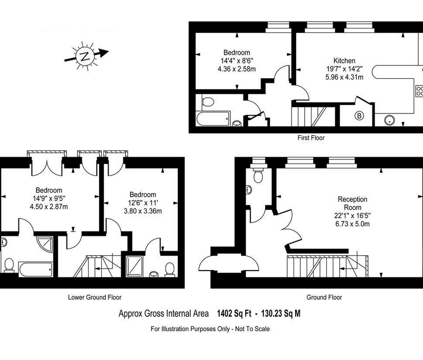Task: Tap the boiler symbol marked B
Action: coord(359,116)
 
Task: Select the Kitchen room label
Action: coord(344,61)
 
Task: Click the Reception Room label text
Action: coord(353,203)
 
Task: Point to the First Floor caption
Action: coord(311,138)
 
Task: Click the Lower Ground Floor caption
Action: coord(94,297)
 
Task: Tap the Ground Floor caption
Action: coord(324,297)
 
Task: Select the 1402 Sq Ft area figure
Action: coord(234,313)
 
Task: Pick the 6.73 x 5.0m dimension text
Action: coord(353,224)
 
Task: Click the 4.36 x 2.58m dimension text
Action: coord(237,69)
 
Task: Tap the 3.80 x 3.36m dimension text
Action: coord(143,211)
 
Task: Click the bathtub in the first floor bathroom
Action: coord(213,118)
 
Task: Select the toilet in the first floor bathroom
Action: coord(208,102)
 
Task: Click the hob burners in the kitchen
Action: coord(419,91)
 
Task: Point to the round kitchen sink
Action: coord(389,120)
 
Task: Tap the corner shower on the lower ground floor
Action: coord(45,244)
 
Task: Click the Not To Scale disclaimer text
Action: coord(252,329)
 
